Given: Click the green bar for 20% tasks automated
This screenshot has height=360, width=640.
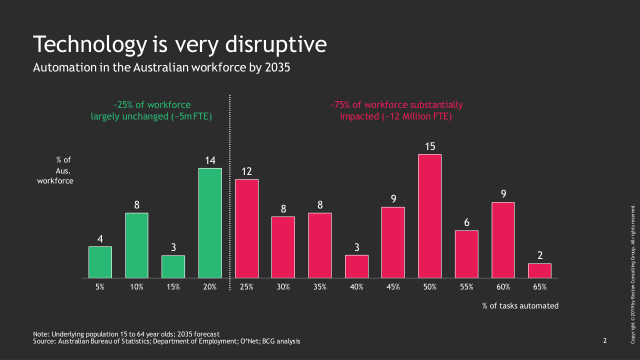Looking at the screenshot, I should click(x=210, y=223).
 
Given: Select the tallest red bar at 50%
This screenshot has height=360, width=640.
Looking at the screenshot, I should click(x=430, y=216).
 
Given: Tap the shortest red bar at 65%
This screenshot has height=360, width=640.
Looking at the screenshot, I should click(x=539, y=270).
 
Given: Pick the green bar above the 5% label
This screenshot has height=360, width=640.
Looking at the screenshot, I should click(x=100, y=262).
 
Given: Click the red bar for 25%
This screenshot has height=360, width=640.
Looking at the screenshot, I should click(x=246, y=228).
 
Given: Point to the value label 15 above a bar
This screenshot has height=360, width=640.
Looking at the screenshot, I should click(x=430, y=146).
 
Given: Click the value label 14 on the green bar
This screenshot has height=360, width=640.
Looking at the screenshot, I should click(x=210, y=160).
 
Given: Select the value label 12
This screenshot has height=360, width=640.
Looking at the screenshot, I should click(x=246, y=171).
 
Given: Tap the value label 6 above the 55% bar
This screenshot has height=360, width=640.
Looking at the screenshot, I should click(x=466, y=222).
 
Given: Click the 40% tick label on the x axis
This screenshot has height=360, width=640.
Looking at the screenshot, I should click(x=356, y=287).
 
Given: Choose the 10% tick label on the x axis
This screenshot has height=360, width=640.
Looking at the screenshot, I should click(x=136, y=287).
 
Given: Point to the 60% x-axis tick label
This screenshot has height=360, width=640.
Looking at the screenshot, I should click(x=503, y=287).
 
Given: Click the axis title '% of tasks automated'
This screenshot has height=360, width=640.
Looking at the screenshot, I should click(x=520, y=305).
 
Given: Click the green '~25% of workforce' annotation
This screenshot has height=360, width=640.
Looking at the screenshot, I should click(x=151, y=105).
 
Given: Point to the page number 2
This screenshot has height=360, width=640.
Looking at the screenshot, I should click(x=604, y=341).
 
